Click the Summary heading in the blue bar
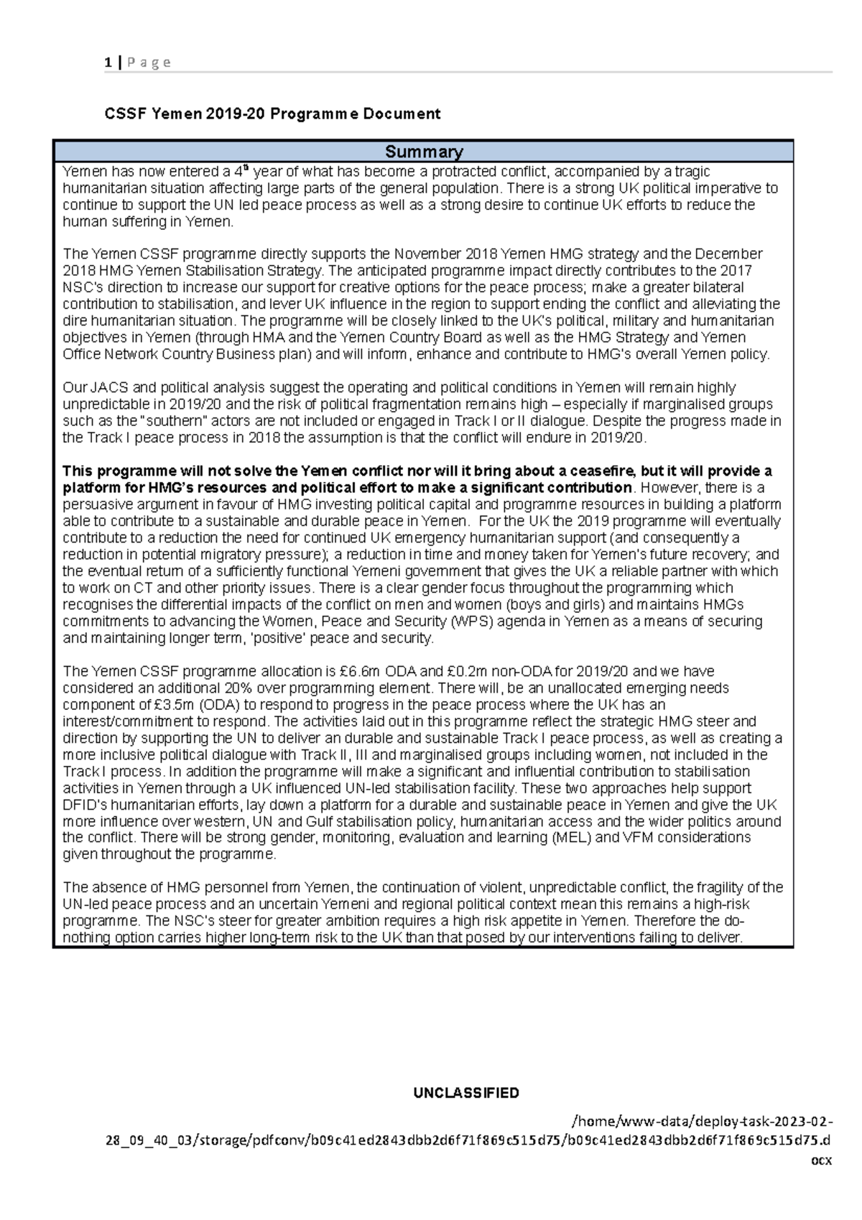pyautogui.click(x=424, y=152)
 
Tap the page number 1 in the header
pyautogui.click(x=107, y=63)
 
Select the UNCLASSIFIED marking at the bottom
pyautogui.click(x=465, y=1093)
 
